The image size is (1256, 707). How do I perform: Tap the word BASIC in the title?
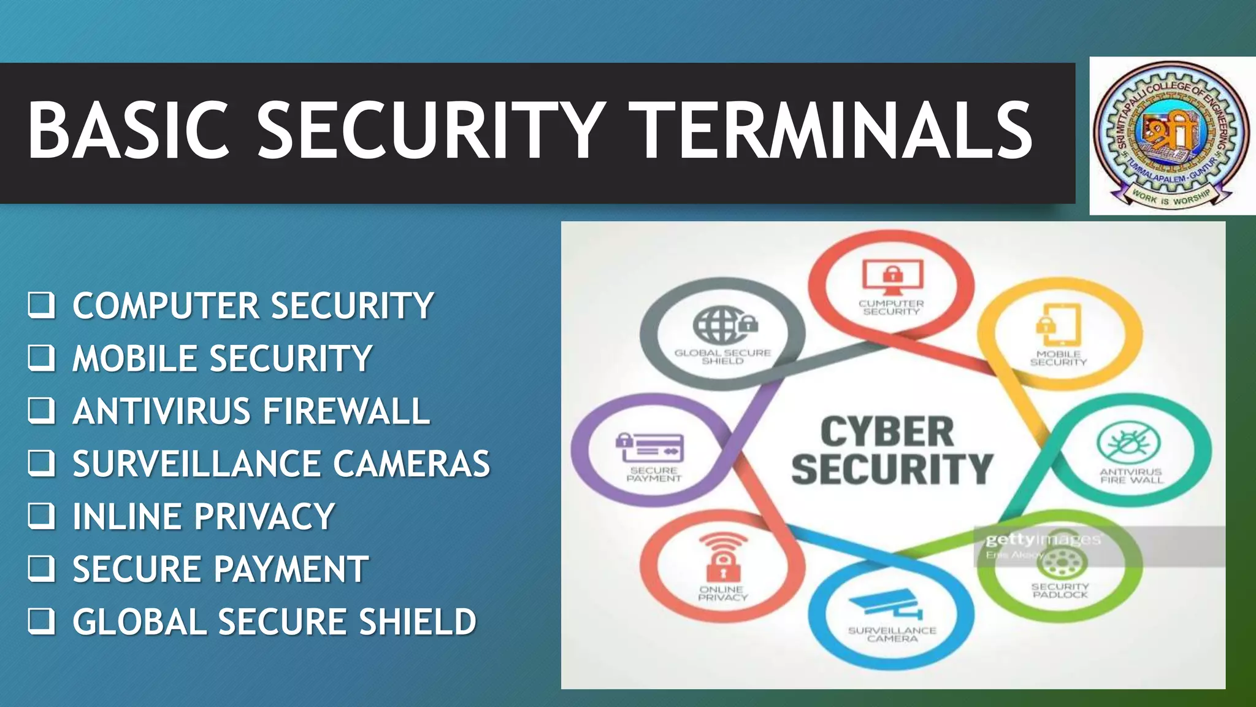(128, 131)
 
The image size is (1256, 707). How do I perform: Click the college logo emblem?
(1171, 136)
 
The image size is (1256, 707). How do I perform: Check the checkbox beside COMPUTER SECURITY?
(41, 305)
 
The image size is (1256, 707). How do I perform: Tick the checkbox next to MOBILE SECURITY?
(41, 358)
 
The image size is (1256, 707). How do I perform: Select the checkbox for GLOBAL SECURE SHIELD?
(41, 621)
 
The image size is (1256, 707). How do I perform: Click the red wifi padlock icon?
(723, 555)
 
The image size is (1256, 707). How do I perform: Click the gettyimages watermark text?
(1043, 540)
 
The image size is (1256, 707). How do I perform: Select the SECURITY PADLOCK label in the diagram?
(1060, 590)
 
